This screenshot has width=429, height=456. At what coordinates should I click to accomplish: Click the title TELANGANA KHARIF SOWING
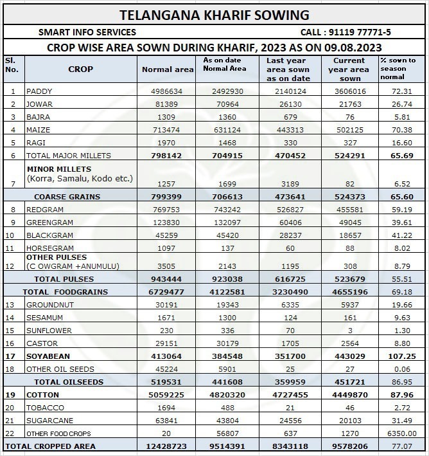click(214, 14)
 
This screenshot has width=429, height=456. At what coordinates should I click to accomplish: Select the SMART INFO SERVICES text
click(87, 32)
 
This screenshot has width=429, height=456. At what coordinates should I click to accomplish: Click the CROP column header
click(80, 69)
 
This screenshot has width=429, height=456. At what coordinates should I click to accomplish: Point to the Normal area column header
click(168, 69)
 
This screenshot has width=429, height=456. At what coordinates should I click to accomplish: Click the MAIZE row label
click(38, 130)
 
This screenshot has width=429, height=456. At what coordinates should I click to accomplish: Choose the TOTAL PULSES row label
click(64, 279)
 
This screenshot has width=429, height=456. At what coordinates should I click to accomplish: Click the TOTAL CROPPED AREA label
click(51, 446)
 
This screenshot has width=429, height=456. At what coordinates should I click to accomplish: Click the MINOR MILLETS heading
click(55, 169)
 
